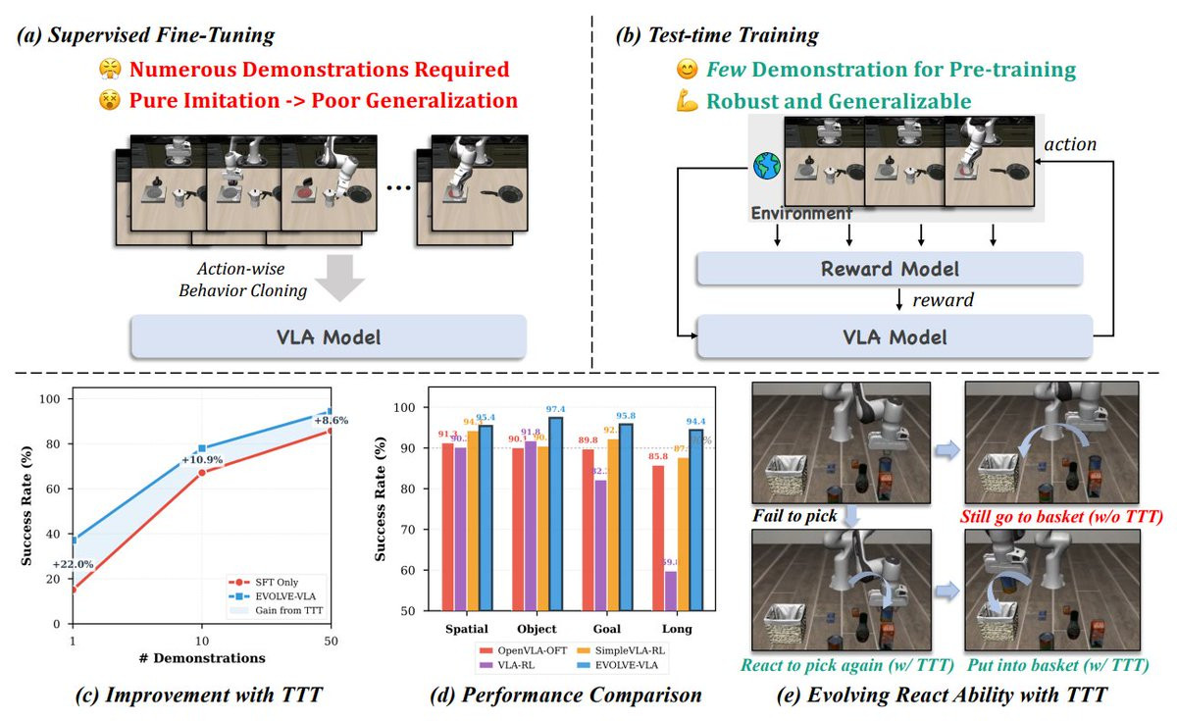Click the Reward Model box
coord(889,268)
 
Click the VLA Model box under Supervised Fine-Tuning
coord(329,338)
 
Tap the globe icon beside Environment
coord(764,167)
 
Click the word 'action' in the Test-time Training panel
coord(1070,144)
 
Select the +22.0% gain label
coord(74,564)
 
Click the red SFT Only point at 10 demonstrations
coord(201,473)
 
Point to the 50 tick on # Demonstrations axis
coord(328,638)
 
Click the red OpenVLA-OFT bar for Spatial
coord(447,527)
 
